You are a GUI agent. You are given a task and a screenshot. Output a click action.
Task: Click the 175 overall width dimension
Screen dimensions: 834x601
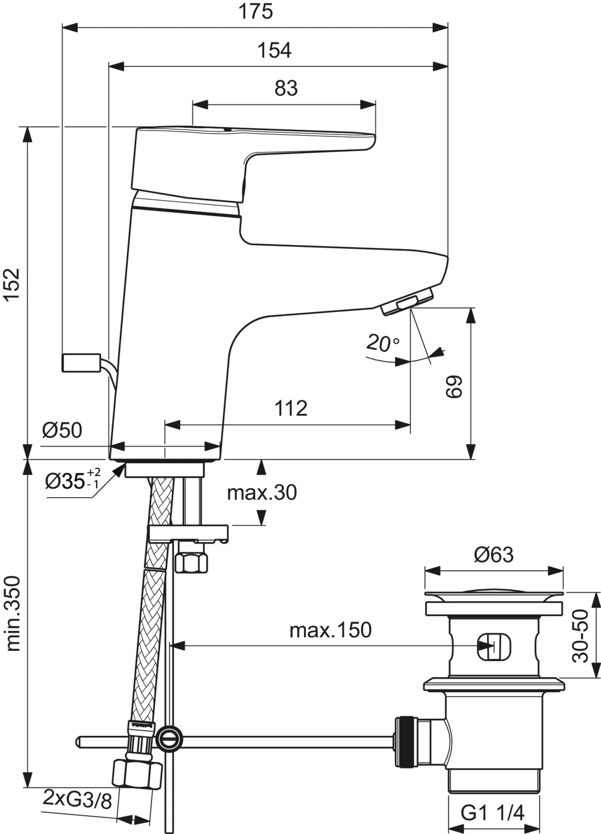click(x=255, y=11)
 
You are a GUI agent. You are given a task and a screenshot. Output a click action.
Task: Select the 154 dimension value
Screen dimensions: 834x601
click(x=274, y=50)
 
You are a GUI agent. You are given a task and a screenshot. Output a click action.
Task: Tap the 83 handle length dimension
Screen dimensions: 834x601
click(x=286, y=88)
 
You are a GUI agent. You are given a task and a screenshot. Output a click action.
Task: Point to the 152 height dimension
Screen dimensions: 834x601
click(x=12, y=285)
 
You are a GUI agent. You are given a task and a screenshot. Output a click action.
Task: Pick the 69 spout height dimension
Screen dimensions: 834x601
click(x=454, y=386)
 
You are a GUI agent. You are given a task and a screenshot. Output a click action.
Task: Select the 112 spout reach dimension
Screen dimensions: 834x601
click(x=290, y=408)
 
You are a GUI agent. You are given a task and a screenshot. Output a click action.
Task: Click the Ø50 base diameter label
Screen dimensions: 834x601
click(x=62, y=430)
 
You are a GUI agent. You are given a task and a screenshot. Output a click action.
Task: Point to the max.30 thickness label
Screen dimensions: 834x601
click(x=262, y=493)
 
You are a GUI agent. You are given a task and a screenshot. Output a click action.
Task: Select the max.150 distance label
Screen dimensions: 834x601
click(x=331, y=630)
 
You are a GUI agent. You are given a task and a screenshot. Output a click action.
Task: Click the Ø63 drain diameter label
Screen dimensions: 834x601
click(x=494, y=555)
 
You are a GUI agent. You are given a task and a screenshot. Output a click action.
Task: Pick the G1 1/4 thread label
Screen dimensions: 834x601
click(x=492, y=812)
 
